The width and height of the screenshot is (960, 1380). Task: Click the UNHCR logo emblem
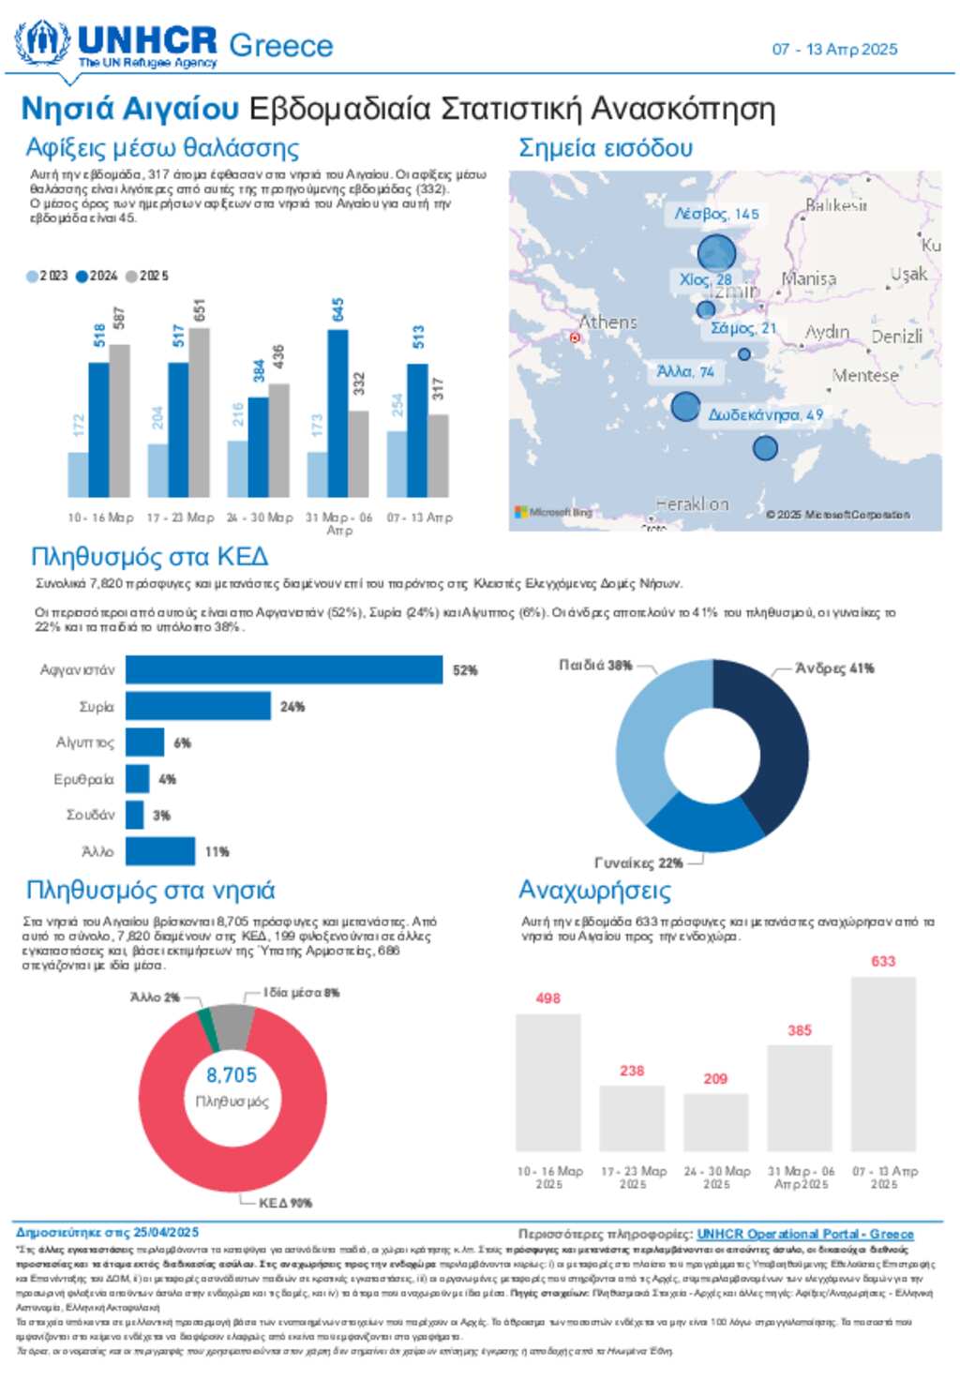pos(42,44)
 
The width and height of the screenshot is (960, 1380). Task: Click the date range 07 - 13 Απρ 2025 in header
pos(834,50)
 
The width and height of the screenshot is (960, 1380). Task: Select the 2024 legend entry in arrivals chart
pos(97,276)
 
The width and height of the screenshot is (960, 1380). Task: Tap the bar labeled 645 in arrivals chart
pos(337,412)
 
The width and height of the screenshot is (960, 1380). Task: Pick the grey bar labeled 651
pos(199,412)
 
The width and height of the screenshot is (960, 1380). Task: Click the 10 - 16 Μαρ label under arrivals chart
pos(100,517)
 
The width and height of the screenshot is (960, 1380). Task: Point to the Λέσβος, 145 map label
pos(716,214)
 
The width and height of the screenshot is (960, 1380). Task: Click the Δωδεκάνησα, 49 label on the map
pos(765,414)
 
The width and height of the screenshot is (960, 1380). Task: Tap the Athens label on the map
pos(607,322)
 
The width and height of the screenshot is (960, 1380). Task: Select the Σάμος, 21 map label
pos(742,328)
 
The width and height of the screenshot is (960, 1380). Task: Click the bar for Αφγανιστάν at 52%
pos(284,669)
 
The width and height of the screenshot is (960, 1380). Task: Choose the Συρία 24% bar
pos(198,706)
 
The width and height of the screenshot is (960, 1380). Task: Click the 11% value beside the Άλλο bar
pos(217,852)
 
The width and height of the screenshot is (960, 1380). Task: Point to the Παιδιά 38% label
pos(595,666)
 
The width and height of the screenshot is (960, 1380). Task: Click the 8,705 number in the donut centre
pos(232,1075)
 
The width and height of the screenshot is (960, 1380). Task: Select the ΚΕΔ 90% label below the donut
pos(285,1203)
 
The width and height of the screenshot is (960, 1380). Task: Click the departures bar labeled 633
pos(883,1064)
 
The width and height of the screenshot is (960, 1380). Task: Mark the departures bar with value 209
pos(715,1122)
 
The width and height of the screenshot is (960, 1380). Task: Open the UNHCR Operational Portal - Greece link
pos(804,1235)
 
